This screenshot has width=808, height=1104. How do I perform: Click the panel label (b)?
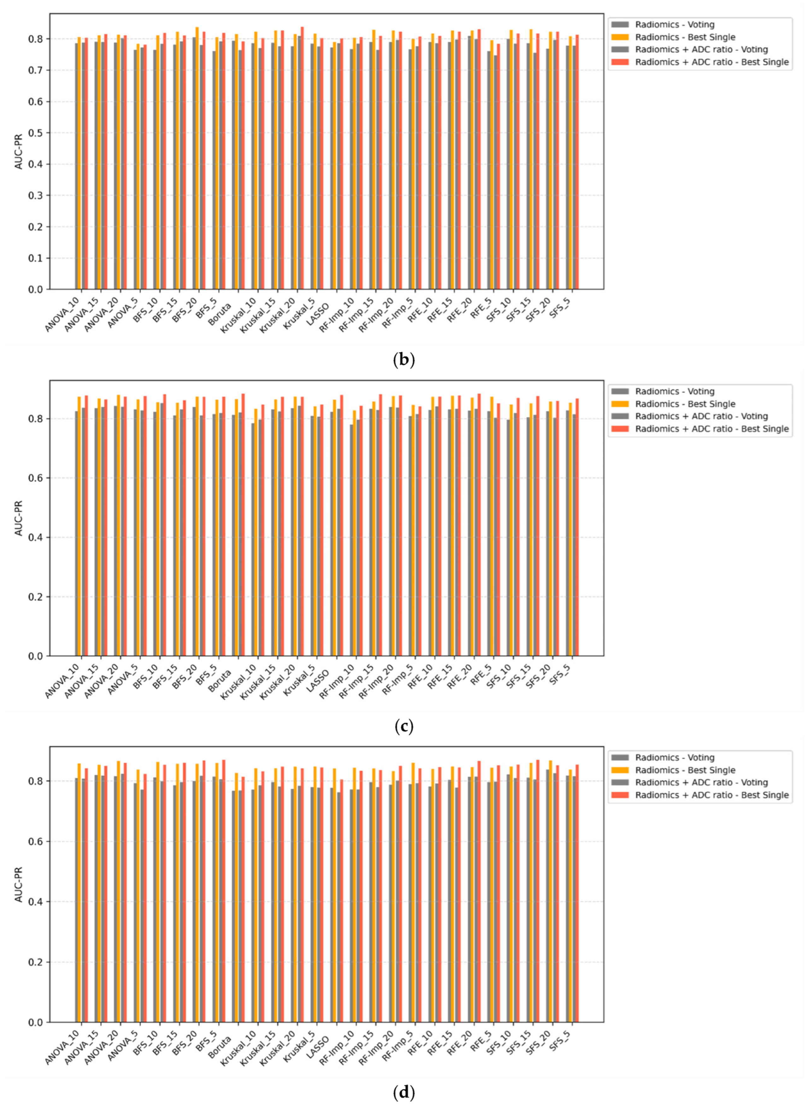(404, 360)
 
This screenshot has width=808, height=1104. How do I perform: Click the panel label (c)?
(404, 727)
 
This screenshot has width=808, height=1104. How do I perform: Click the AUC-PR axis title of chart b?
(19, 151)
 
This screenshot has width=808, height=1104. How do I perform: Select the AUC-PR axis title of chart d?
(19, 884)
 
